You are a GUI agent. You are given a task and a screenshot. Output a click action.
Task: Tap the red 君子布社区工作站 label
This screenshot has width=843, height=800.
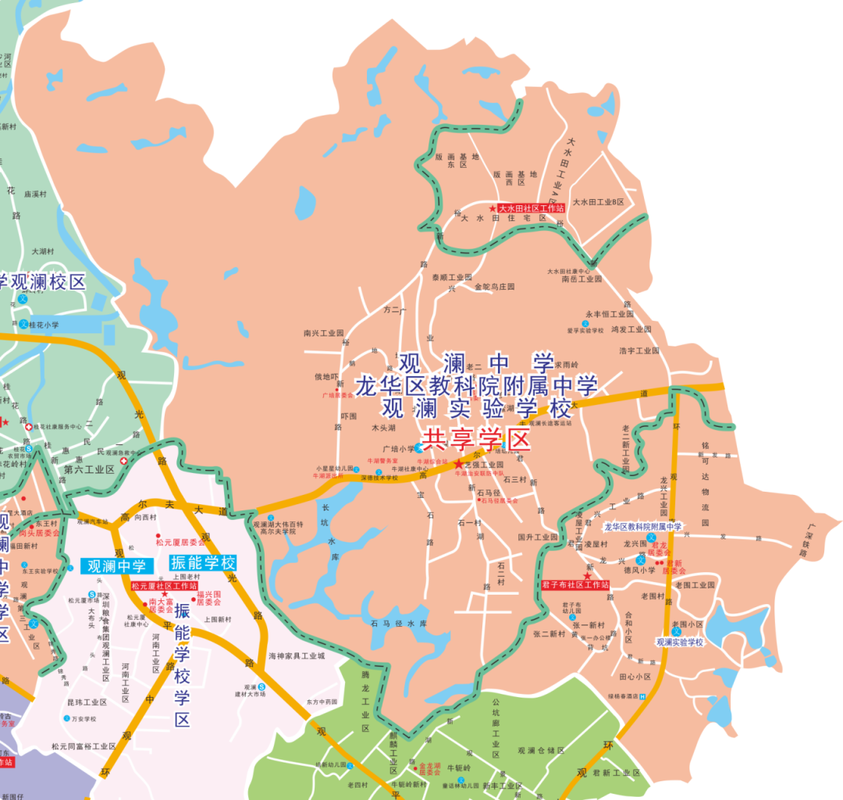(x=575, y=585)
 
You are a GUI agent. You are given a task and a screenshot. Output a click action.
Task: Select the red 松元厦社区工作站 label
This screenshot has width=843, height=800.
(x=164, y=585)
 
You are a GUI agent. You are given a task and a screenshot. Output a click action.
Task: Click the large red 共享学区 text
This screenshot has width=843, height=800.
(x=476, y=439)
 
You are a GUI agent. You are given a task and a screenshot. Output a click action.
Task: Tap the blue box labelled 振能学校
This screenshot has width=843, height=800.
(x=202, y=563)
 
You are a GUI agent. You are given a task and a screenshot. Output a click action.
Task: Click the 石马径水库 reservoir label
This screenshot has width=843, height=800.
(x=399, y=624)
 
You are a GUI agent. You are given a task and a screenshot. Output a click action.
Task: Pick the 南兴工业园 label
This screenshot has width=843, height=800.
(x=324, y=332)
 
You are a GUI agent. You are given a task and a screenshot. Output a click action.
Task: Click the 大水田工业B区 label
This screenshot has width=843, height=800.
(x=599, y=201)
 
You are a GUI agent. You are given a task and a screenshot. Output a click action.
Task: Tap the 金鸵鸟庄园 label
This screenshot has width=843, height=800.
(x=495, y=286)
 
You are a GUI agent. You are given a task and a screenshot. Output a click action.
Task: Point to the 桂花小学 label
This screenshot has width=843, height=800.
(x=44, y=325)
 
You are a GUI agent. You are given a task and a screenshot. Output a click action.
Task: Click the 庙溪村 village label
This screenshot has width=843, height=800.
(x=37, y=194)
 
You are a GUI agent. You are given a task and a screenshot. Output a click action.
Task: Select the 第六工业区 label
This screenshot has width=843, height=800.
(x=89, y=470)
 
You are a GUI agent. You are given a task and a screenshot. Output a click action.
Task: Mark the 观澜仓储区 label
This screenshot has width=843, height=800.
(x=541, y=751)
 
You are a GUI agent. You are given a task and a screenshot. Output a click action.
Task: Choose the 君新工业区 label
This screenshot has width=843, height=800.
(x=616, y=773)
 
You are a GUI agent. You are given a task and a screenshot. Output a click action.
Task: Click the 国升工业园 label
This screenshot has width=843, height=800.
(x=538, y=537)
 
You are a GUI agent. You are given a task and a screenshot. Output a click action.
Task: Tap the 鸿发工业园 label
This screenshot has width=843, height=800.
(x=631, y=329)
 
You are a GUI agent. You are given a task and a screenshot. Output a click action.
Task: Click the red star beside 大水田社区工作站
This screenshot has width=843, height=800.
(x=493, y=208)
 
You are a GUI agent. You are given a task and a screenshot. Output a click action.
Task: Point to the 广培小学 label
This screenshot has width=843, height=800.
(x=398, y=449)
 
